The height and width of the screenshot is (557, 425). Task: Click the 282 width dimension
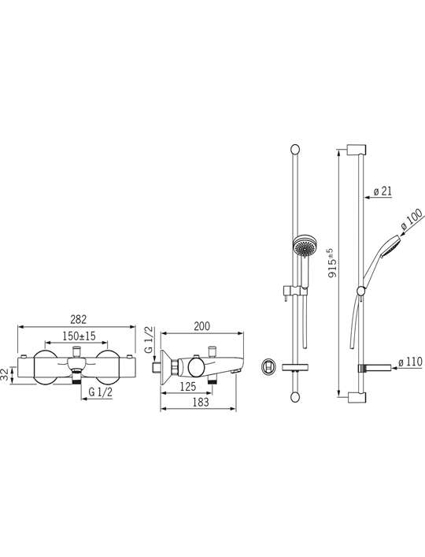[78, 319]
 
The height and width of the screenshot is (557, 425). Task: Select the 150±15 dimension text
[79, 336]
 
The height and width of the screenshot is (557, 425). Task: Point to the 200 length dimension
[201, 326]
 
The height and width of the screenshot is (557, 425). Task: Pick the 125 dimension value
[188, 387]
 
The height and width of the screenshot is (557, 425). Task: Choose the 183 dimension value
[201, 402]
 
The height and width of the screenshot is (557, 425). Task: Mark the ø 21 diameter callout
[382, 191]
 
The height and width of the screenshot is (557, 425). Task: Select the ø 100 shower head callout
[412, 221]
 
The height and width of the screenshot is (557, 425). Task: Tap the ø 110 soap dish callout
[410, 362]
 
